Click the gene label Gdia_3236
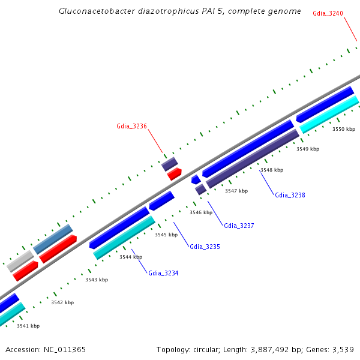[131, 126]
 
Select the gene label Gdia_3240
[328, 13]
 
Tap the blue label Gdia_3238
[290, 195]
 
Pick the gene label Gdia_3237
[239, 226]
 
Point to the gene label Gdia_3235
[205, 247]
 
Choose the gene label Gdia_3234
[163, 273]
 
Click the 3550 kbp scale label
[344, 129]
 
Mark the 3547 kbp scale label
[236, 191]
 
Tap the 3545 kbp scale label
[166, 235]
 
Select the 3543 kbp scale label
[97, 280]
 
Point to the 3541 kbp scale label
[28, 326]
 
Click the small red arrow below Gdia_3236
[174, 174]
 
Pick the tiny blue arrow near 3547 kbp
[196, 179]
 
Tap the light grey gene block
[20, 261]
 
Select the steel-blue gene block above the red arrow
[53, 239]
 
